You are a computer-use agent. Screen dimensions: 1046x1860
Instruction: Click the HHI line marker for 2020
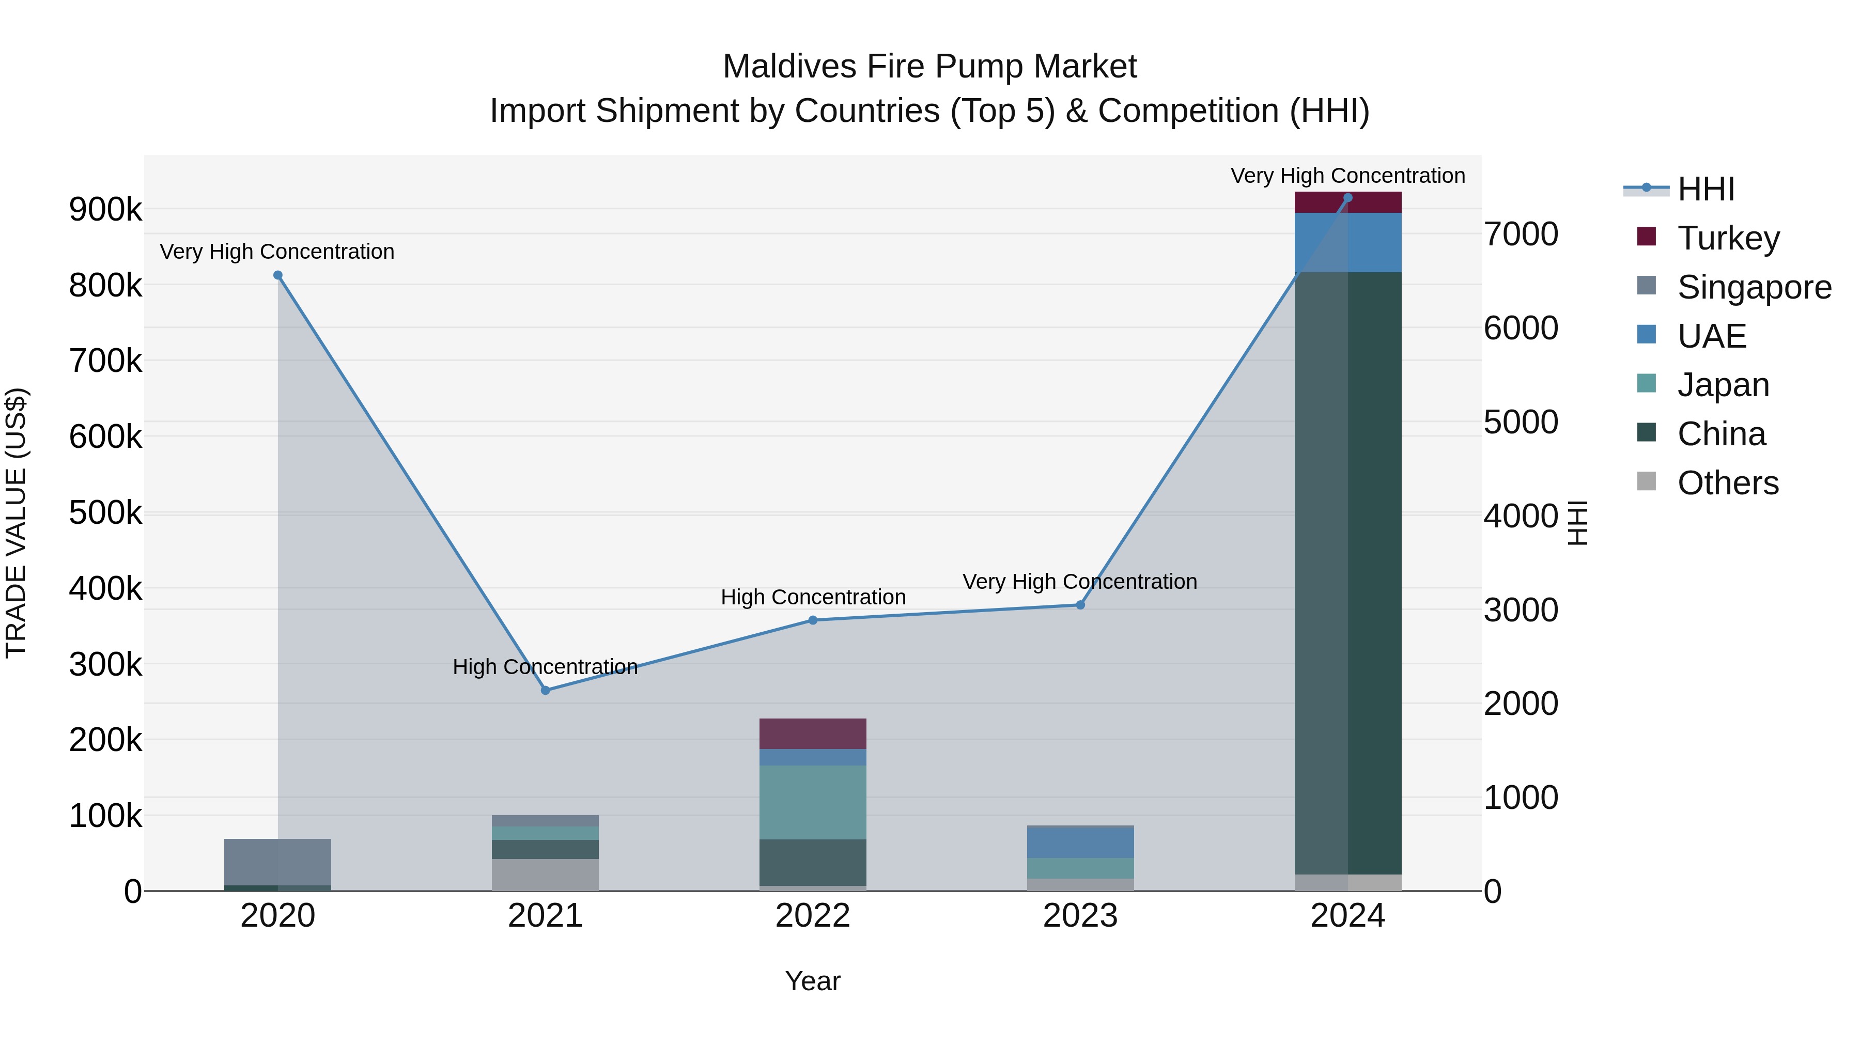point(278,275)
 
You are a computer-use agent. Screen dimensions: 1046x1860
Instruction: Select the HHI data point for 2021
point(545,690)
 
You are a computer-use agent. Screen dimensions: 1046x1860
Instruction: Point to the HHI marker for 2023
point(1080,605)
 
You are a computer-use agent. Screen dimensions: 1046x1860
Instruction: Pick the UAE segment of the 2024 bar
point(1347,243)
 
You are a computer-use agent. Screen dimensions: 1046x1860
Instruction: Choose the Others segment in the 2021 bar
point(545,874)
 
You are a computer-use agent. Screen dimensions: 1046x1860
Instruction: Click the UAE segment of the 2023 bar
point(1080,842)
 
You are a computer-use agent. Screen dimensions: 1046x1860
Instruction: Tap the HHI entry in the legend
point(1705,189)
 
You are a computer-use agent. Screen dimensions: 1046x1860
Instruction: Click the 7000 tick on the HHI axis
point(1521,234)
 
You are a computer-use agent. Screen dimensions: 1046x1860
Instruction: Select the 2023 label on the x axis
point(1080,916)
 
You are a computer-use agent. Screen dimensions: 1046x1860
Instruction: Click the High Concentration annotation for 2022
point(813,597)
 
